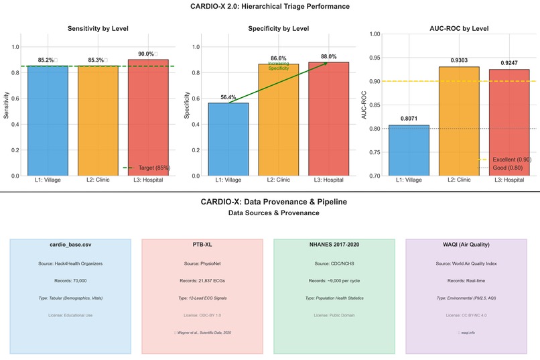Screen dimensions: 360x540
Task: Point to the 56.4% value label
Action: tap(228, 97)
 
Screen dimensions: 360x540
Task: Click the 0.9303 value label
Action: tap(459, 60)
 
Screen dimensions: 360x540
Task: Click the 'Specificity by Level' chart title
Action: tap(278, 29)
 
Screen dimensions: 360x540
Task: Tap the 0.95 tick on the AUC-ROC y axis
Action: tap(375, 58)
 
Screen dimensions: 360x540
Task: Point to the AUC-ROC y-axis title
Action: tap(364, 105)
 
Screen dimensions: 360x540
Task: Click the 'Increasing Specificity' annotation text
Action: tap(279, 66)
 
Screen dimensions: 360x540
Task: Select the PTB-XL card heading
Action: tap(202, 245)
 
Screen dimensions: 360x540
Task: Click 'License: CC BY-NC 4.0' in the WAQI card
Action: tap(466, 314)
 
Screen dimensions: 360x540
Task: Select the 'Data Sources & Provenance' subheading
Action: tap(273, 213)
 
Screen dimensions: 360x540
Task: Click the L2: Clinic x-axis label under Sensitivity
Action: tap(98, 180)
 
